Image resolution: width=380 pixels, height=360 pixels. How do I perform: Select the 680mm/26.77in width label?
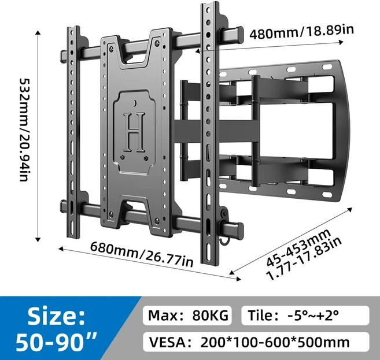tap(141, 254)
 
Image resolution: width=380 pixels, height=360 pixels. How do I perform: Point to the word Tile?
tap(266, 316)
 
